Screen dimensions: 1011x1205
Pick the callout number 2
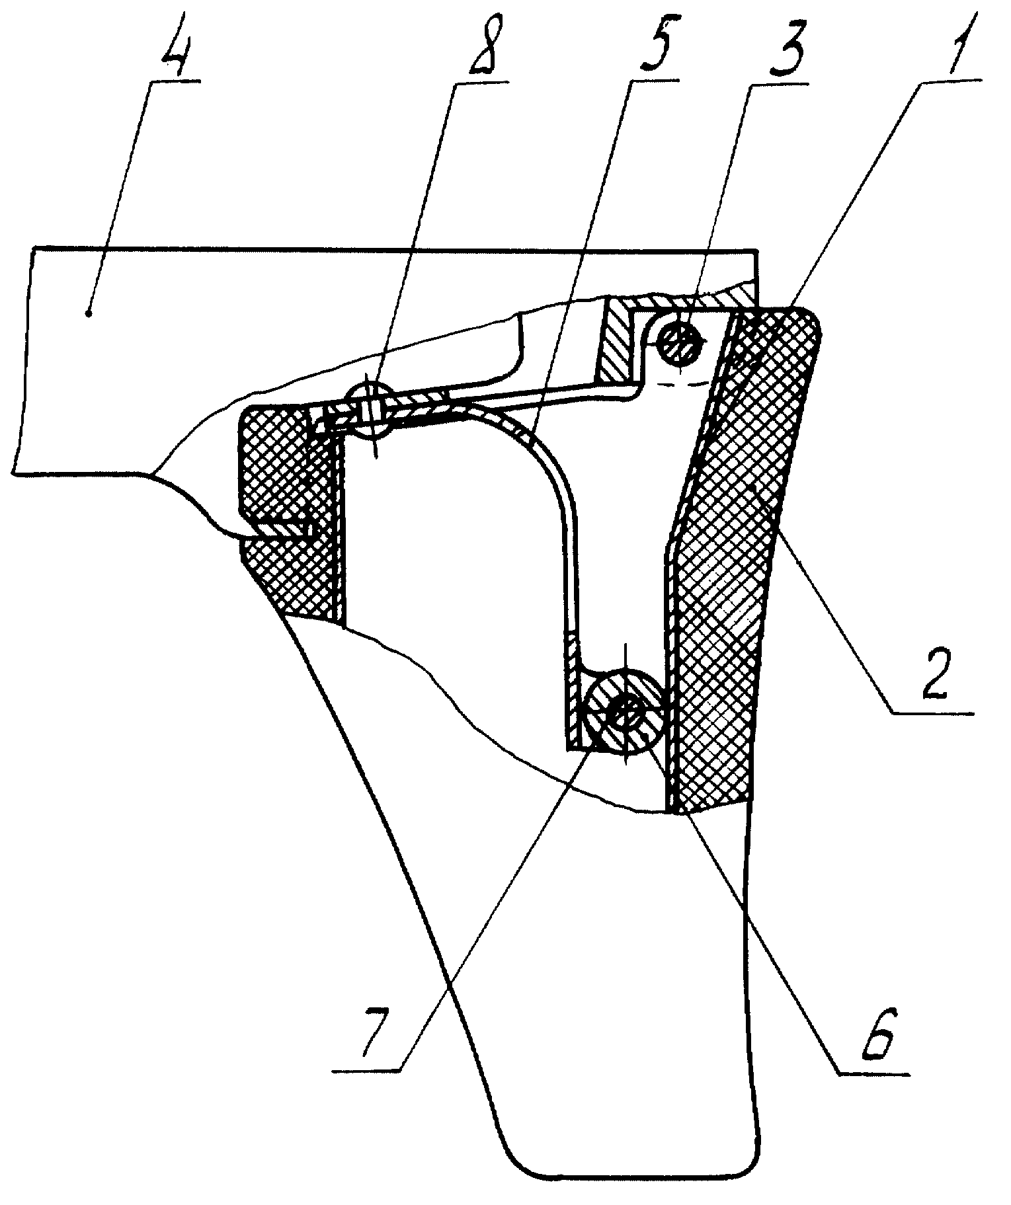tap(932, 678)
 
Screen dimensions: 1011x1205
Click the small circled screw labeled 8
tap(372, 409)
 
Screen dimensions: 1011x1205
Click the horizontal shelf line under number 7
tap(367, 1070)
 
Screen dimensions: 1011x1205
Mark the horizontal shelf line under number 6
tap(873, 1070)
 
